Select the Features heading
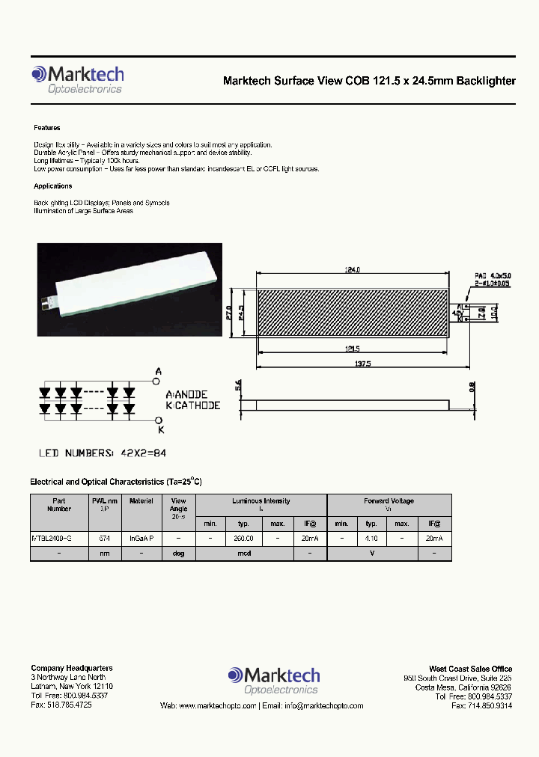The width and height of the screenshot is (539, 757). point(46,128)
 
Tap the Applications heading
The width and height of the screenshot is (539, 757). point(52,186)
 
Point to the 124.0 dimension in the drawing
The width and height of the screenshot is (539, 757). point(353,271)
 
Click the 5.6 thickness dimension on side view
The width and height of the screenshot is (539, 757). point(238,386)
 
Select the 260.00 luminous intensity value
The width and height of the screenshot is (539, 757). point(244,539)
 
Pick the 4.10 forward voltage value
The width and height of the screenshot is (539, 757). point(371,539)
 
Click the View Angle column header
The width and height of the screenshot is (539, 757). point(179,508)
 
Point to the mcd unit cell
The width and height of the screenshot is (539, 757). point(244,554)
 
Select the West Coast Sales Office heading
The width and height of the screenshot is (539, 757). point(470,669)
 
